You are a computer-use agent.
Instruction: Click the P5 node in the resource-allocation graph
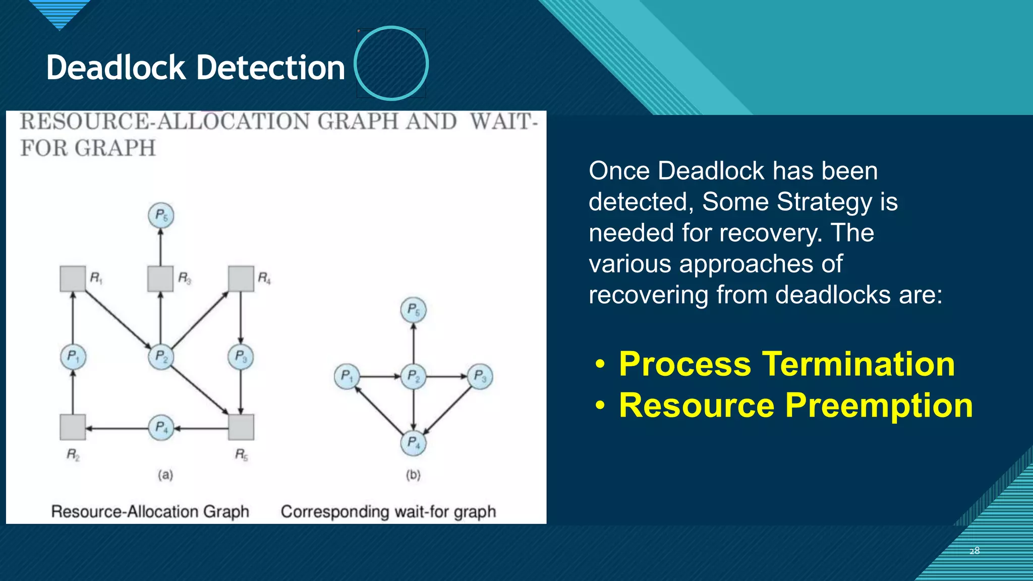[161, 215]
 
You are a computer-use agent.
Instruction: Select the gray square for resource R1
[73, 278]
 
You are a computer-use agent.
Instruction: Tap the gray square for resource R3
[160, 278]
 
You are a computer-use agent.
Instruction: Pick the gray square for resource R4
[241, 278]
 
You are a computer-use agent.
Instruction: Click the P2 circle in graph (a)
[161, 357]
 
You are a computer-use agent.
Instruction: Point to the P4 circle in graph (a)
[161, 428]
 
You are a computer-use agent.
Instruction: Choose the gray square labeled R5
[241, 427]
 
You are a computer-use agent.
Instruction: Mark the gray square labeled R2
[73, 427]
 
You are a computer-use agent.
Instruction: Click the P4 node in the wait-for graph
[414, 443]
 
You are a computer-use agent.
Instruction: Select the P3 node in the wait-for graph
[480, 376]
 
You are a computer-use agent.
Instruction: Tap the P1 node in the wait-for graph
[347, 376]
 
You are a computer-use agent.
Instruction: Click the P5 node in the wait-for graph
[414, 310]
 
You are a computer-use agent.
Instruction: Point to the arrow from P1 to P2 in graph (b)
[379, 376]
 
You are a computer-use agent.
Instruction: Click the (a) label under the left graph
[165, 475]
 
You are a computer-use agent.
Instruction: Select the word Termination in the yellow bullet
[858, 364]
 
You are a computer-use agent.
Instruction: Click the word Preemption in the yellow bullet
[879, 405]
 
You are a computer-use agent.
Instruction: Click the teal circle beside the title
[391, 63]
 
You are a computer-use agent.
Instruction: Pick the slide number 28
[974, 551]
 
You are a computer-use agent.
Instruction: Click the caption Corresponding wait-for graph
[388, 511]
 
